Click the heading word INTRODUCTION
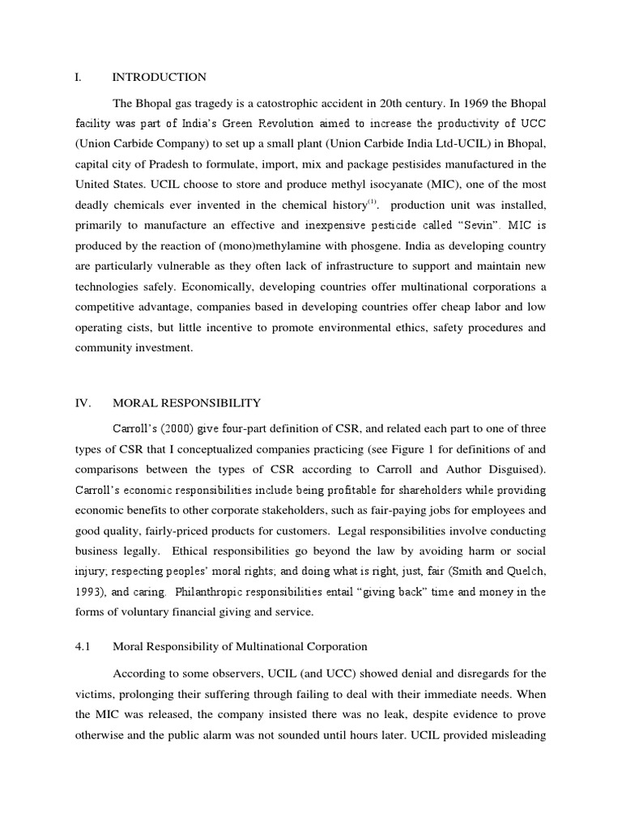pyautogui.click(x=159, y=78)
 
